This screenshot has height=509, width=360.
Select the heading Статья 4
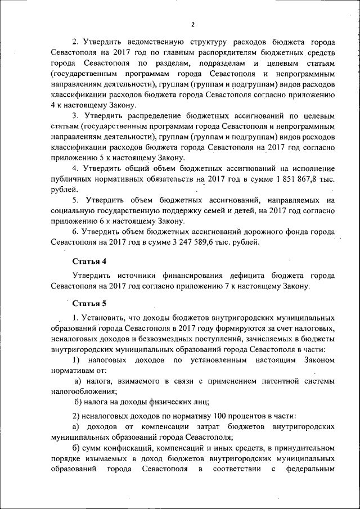(89, 262)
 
